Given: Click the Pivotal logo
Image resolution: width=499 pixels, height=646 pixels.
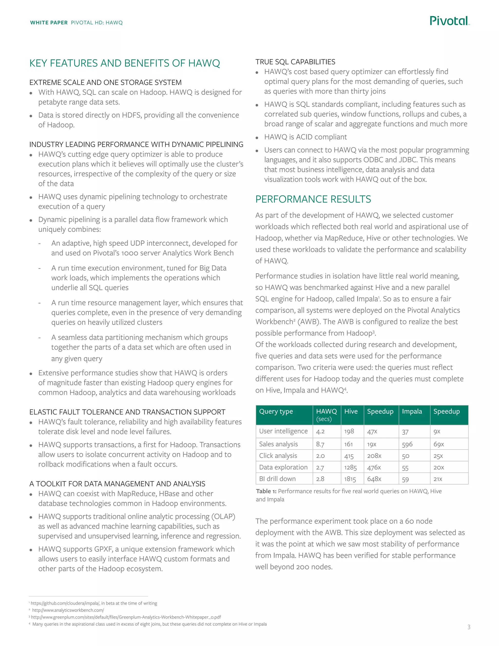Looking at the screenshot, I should tap(449, 21).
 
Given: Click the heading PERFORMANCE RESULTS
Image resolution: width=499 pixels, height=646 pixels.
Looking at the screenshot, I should tap(313, 199).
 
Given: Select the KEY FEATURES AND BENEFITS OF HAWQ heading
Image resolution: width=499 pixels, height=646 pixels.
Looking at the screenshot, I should tap(125, 63).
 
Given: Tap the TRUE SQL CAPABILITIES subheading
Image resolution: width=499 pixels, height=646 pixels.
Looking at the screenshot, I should tap(295, 62).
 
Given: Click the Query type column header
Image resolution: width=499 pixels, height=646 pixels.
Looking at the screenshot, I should tap(276, 411).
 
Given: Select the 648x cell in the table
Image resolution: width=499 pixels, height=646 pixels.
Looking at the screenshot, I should tap(374, 479).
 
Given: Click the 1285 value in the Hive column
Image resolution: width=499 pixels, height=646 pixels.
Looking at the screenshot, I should tap(350, 468).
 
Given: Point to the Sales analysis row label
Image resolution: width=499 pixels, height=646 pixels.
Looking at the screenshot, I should tap(278, 444).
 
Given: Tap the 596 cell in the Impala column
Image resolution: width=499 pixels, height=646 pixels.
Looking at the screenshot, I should tap(407, 444).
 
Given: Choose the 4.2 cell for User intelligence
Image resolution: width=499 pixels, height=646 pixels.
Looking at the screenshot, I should tap(320, 431).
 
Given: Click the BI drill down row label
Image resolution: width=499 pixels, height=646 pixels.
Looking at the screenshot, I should tap(277, 479).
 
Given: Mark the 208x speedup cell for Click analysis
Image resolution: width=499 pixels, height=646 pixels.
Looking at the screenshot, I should tap(374, 456).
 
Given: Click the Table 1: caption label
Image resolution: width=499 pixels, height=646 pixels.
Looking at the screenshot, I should tap(266, 491).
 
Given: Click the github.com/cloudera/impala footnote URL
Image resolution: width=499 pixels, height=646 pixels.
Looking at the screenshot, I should tap(65, 603).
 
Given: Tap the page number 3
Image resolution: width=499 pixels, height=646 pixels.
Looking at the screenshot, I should tap(469, 627).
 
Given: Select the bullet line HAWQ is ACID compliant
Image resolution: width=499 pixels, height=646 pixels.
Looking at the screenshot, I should tap(305, 137).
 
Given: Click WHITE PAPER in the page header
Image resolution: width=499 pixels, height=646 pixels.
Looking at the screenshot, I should tap(49, 23).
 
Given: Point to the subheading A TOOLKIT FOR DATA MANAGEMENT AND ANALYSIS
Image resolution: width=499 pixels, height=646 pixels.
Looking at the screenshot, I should tap(117, 484).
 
